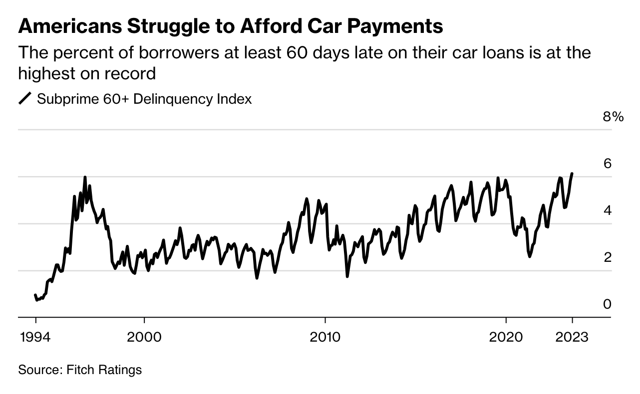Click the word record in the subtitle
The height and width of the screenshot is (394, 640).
coord(131,73)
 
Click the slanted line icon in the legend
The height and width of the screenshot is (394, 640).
coord(25,99)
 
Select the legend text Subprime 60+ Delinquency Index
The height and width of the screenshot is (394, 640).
coord(144,99)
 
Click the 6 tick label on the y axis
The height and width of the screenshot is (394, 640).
coord(607,164)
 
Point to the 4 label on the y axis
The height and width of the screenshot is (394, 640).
coord(607,210)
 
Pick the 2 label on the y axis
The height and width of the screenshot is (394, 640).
coord(607,257)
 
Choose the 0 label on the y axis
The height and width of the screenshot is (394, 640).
coord(607,304)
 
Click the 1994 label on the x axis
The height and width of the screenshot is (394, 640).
coord(35,337)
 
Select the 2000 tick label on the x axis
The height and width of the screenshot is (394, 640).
coord(144,337)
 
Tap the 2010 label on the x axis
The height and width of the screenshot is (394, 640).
coord(325,337)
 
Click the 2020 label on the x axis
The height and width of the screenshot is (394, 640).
coord(506,337)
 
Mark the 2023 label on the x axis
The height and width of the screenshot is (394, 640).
coord(572,337)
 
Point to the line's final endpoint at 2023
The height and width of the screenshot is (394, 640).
coord(572,174)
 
